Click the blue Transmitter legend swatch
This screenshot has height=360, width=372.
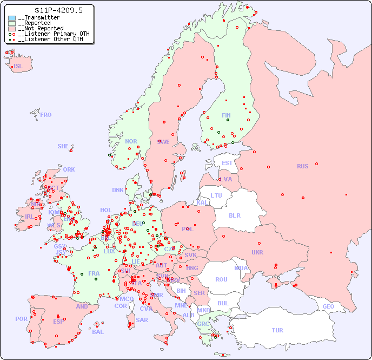tap(12, 18)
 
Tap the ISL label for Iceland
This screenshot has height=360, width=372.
tap(18, 67)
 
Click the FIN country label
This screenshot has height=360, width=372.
tap(226, 115)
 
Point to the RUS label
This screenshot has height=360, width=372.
tap(302, 166)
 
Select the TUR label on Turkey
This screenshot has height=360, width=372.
tap(277, 330)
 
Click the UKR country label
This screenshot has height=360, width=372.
tap(257, 252)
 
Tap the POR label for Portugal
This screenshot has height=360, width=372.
tap(21, 319)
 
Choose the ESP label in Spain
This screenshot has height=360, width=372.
tap(58, 321)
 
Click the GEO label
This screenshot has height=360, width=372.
tap(328, 306)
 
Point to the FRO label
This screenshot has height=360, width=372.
tap(46, 115)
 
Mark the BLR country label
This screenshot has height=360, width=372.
tap(234, 215)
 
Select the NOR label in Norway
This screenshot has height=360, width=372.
tap(131, 141)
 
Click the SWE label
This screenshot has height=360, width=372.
tap(163, 142)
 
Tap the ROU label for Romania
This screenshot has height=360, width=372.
tap(221, 279)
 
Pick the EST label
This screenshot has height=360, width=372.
tap(227, 163)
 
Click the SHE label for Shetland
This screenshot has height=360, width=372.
tap(63, 146)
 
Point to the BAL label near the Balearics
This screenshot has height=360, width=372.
tap(98, 332)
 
